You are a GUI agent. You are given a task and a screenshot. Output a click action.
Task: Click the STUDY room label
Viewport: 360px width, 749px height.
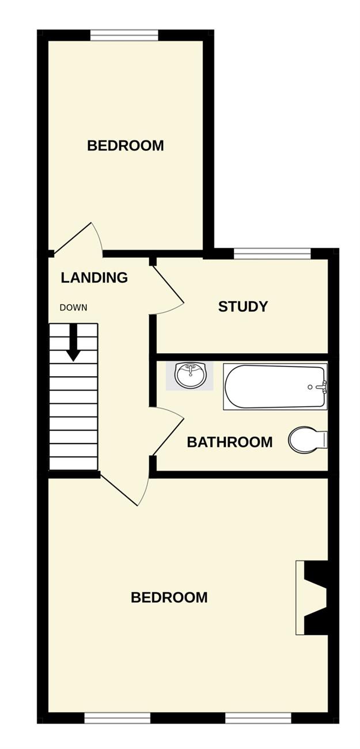click(243, 307)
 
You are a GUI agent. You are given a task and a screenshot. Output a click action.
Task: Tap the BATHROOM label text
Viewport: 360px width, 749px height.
click(230, 442)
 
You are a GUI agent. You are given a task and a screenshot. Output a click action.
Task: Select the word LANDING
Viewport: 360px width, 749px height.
click(94, 278)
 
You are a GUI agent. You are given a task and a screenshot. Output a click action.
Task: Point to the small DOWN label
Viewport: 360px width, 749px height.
click(74, 308)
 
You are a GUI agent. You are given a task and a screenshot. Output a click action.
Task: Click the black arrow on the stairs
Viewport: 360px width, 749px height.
click(74, 343)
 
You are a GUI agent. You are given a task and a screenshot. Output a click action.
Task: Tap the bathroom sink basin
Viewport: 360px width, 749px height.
click(190, 375)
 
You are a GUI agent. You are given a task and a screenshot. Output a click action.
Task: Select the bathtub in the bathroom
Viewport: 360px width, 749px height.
click(275, 386)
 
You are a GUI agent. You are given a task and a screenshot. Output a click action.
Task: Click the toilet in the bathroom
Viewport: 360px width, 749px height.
click(308, 440)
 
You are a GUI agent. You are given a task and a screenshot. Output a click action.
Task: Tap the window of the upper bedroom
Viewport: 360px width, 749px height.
click(124, 35)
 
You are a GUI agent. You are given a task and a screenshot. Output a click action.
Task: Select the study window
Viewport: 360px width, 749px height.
click(272, 254)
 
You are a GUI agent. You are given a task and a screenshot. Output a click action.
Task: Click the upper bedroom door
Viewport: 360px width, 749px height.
click(78, 238)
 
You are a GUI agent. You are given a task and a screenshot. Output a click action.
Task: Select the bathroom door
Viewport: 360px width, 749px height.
click(167, 432)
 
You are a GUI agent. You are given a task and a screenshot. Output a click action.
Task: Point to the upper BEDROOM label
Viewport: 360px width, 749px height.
click(126, 146)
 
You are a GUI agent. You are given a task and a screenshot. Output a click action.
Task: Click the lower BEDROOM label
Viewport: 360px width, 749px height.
click(169, 597)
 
